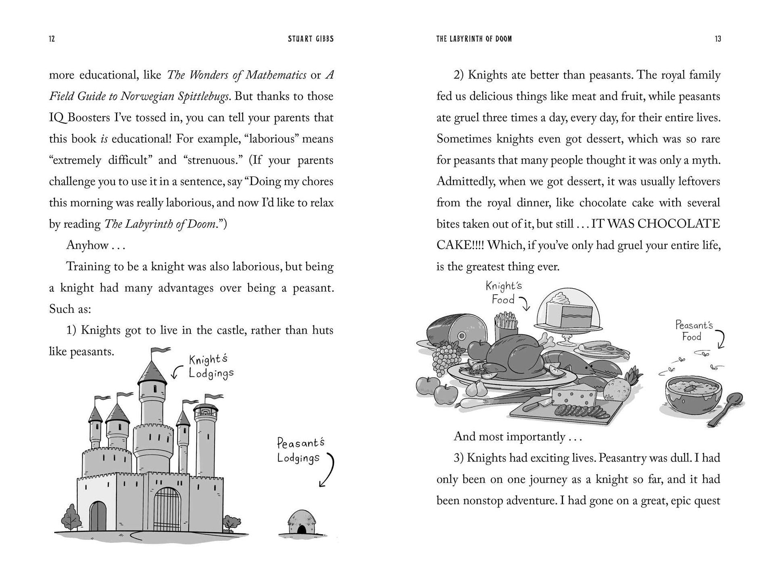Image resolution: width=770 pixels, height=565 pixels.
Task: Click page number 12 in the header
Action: click(x=52, y=39)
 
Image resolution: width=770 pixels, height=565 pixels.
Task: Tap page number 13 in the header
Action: click(x=717, y=39)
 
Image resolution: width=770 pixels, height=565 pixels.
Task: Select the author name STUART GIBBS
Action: click(x=310, y=39)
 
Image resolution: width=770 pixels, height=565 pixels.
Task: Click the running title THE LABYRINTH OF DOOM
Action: click(x=474, y=39)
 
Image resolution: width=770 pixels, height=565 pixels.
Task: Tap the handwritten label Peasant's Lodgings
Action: click(x=300, y=450)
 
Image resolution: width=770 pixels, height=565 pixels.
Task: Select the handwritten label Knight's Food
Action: click(x=504, y=293)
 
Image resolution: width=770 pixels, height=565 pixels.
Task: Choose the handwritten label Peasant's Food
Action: click(x=694, y=331)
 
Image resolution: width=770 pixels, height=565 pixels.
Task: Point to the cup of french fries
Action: click(x=505, y=324)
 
